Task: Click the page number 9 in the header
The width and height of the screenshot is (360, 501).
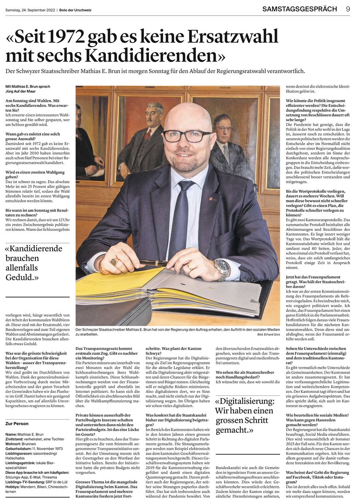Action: (x=348, y=9)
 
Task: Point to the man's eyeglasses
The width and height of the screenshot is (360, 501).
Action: (x=187, y=136)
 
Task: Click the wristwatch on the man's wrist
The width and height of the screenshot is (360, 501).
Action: (x=222, y=269)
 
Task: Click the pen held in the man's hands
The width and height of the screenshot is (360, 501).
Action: (x=154, y=263)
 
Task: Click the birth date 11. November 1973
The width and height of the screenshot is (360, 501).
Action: (x=47, y=449)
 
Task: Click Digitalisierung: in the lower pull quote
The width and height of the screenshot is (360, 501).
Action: (x=245, y=401)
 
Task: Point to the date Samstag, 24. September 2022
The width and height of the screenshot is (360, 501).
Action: (x=30, y=9)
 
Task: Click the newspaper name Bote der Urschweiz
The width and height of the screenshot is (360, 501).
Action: (x=75, y=9)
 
